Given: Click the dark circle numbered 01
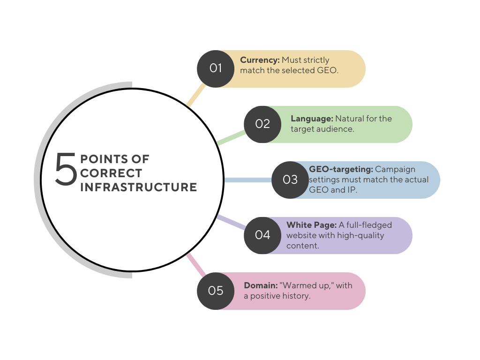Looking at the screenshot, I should coord(216,68).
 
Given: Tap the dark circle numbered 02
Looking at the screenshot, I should coord(262,124).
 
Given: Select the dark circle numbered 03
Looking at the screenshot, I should coord(290,180).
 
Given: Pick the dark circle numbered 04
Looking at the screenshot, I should coord(262,235).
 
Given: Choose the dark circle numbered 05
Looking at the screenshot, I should coord(216,291).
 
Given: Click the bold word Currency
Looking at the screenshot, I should coord(260,60).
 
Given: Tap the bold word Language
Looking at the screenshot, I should coord(312,119).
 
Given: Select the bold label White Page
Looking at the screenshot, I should coord(308,225).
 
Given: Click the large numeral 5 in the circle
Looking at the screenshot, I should coord(66,169).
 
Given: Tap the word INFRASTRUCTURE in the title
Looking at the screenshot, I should coord(139,187).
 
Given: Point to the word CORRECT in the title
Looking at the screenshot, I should coord(111,173).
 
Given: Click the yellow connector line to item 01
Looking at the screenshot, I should coord(196,96).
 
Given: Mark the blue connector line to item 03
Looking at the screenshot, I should coord(247,180).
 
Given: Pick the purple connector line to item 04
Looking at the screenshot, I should coord(231,222).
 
